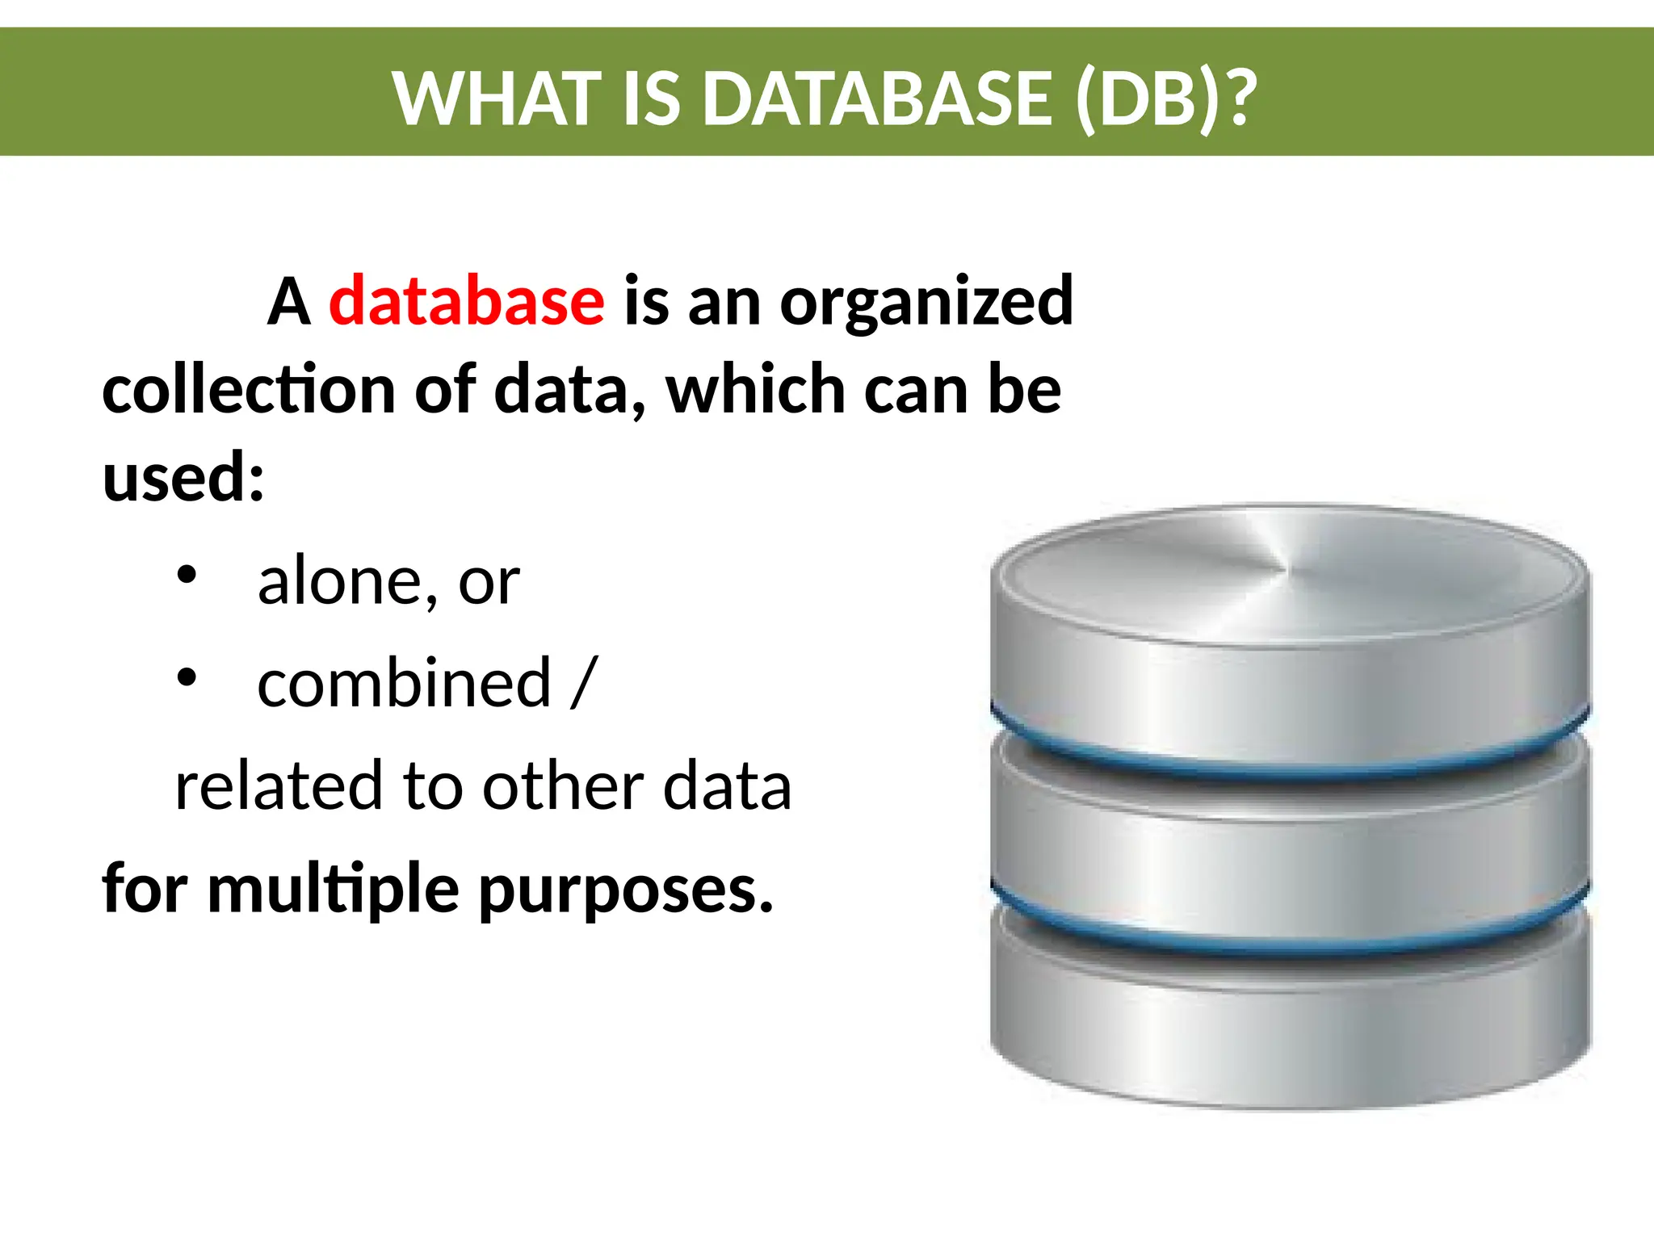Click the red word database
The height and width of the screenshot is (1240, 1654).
[x=466, y=301]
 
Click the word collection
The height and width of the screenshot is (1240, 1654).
[x=249, y=390]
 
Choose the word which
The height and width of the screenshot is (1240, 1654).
[x=755, y=390]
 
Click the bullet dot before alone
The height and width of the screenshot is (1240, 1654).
[x=187, y=575]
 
